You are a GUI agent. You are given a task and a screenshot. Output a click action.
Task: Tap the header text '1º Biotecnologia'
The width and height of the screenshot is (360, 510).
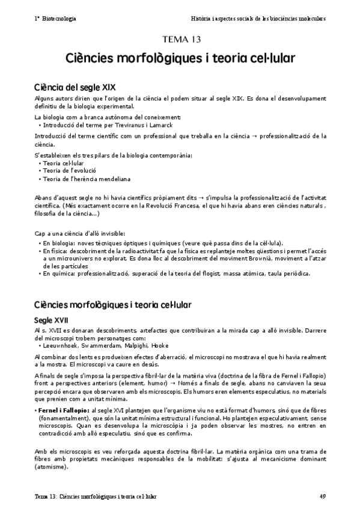(55, 19)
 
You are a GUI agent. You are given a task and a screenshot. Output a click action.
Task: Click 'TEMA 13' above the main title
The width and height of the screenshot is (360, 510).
(180, 40)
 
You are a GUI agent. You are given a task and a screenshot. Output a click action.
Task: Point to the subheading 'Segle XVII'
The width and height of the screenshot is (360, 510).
(52, 319)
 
